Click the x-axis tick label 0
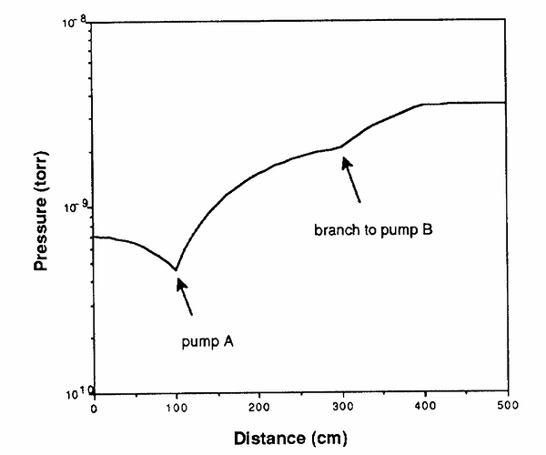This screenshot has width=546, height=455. pyautogui.click(x=94, y=409)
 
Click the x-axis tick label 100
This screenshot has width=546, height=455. pyautogui.click(x=177, y=408)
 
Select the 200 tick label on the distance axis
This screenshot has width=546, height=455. pyautogui.click(x=259, y=407)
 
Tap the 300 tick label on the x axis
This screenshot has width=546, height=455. pyautogui.click(x=343, y=406)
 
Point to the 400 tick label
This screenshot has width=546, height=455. pyautogui.click(x=425, y=406)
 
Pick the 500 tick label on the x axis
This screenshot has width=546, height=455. pyautogui.click(x=508, y=405)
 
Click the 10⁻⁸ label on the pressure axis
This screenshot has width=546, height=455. pyautogui.click(x=75, y=22)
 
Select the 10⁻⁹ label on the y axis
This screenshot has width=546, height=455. pyautogui.click(x=76, y=207)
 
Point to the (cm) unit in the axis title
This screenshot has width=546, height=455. pyautogui.click(x=329, y=439)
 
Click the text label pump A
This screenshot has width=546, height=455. pyautogui.click(x=207, y=342)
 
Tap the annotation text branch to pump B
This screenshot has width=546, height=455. pyautogui.click(x=373, y=230)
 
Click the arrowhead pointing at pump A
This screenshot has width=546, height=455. pyautogui.click(x=181, y=284)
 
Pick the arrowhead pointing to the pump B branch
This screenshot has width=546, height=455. pyautogui.click(x=347, y=163)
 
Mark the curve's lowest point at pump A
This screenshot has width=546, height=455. pyautogui.click(x=176, y=269)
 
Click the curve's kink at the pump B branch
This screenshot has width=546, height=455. pyautogui.click(x=341, y=147)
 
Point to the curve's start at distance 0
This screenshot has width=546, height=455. pyautogui.click(x=95, y=238)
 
